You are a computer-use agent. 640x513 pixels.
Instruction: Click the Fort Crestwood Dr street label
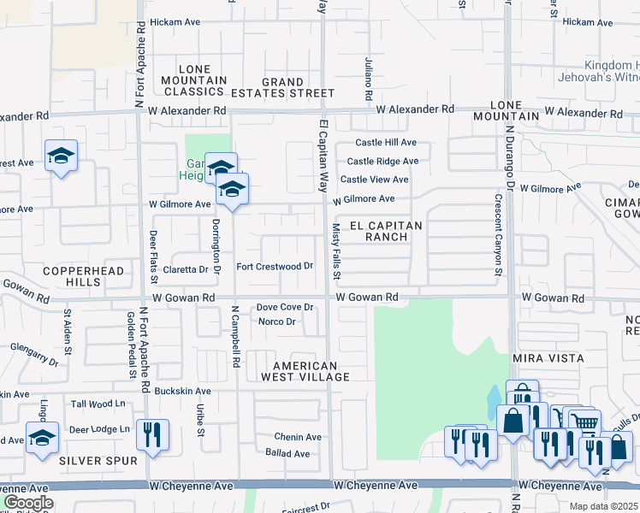pos(274,267)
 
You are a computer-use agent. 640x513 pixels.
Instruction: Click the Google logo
pos(27,503)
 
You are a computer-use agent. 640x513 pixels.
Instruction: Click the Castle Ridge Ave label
pos(382,161)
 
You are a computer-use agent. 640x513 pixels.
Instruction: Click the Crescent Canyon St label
pos(497,235)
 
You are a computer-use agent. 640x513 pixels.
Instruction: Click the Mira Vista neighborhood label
pos(548,357)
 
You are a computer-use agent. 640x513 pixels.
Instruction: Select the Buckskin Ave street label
pos(181,390)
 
